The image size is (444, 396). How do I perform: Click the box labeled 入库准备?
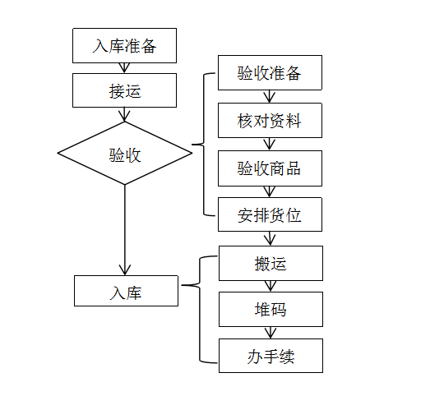tap(125, 45)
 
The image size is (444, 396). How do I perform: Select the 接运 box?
tap(125, 90)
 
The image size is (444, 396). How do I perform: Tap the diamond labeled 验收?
tap(125, 154)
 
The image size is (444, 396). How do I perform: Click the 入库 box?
tap(126, 291)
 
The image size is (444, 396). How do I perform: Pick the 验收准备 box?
tap(270, 72)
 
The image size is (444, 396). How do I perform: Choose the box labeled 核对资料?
tap(270, 121)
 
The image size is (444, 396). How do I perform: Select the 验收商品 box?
tap(270, 168)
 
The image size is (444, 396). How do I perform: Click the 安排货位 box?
tap(270, 214)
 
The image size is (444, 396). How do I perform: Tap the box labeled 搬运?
tap(271, 264)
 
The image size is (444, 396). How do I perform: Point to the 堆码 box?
tap(271, 310)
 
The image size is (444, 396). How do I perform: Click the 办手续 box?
tap(271, 356)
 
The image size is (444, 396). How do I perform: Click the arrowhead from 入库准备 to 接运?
tap(125, 68)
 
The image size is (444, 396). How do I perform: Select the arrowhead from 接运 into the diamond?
tap(125, 116)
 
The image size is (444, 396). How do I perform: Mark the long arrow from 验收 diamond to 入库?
tap(125, 230)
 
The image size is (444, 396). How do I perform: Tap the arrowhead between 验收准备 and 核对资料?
tap(270, 97)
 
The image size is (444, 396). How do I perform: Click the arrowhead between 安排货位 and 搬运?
tap(271, 239)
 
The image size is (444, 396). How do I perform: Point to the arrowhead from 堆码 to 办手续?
tap(271, 333)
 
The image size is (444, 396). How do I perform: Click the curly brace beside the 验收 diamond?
tap(204, 145)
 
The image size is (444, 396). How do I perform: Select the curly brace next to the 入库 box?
tap(200, 285)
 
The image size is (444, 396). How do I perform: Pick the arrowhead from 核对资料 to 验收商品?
tap(270, 145)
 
